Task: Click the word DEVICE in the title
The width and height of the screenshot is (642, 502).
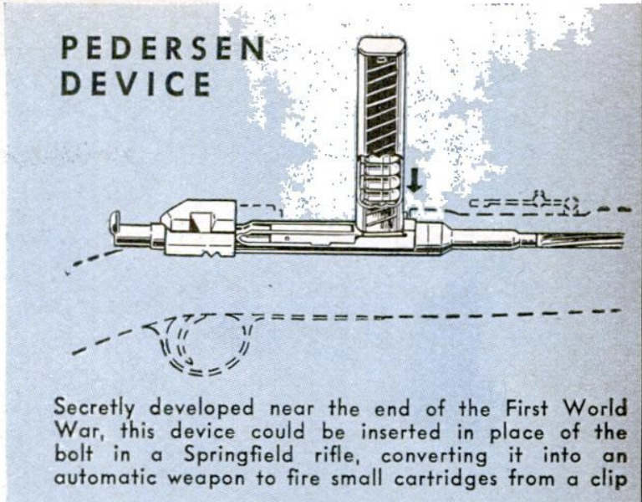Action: (135, 85)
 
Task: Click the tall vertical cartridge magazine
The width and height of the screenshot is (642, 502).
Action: (380, 134)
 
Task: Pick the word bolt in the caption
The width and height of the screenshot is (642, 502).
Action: (71, 458)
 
